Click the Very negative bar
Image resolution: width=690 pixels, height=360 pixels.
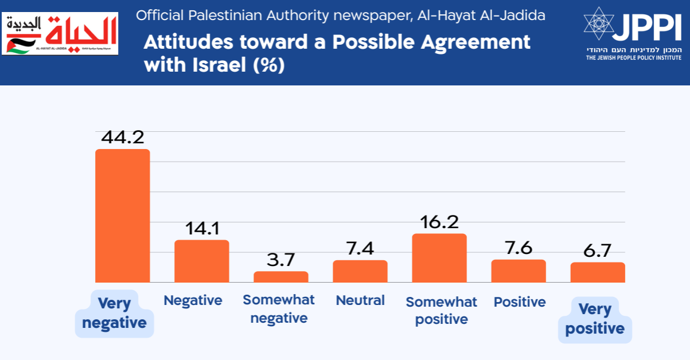(122, 216)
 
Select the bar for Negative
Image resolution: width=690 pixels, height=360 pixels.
(201, 261)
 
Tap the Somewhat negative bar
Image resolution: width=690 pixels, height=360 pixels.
(280, 277)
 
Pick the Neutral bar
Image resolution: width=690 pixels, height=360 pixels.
(360, 271)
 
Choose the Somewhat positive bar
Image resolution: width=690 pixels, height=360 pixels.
(439, 258)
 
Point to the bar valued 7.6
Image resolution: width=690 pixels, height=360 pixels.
(519, 271)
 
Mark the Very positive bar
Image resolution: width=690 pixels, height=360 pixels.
(598, 272)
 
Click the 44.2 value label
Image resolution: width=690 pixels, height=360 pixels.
(122, 138)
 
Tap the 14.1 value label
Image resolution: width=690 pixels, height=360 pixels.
(202, 229)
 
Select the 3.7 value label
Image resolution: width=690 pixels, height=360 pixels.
(281, 260)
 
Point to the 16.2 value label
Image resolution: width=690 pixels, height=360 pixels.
(439, 222)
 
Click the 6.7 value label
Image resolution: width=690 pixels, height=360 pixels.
(598, 251)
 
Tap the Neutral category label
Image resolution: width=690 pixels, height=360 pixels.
(360, 300)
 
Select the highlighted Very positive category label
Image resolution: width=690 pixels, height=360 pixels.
(595, 319)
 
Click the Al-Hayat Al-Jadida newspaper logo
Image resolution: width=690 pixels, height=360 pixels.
(60, 34)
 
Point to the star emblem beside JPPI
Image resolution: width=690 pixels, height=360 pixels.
(598, 24)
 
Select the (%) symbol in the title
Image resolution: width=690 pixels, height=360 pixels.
(270, 65)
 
